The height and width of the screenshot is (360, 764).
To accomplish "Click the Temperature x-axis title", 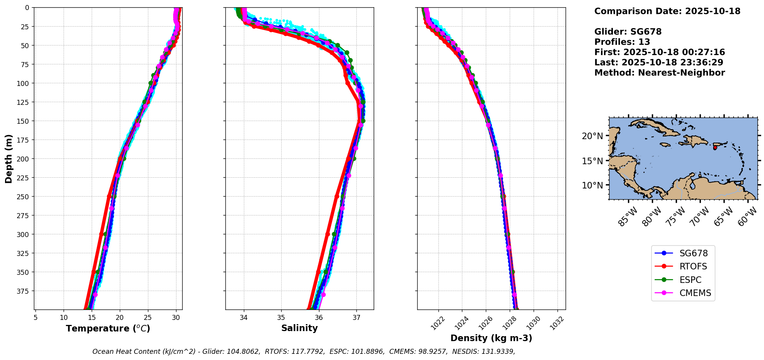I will [x=108, y=328].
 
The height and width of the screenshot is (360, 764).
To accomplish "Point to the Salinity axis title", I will [x=299, y=328].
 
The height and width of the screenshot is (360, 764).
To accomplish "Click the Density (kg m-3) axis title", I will [x=491, y=338].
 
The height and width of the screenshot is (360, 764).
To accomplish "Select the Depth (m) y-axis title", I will [x=9, y=158].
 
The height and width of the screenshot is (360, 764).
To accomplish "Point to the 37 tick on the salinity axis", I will [x=356, y=317].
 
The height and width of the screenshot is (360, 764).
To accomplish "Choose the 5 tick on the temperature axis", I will [x=35, y=318].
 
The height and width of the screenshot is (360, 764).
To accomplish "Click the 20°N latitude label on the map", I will [x=592, y=136].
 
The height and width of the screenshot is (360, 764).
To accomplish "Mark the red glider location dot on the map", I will [x=715, y=148].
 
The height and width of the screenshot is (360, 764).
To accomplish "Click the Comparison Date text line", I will [x=667, y=11].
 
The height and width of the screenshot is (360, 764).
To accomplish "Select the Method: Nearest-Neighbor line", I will [x=660, y=73].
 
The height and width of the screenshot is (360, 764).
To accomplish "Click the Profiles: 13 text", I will [x=622, y=42].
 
